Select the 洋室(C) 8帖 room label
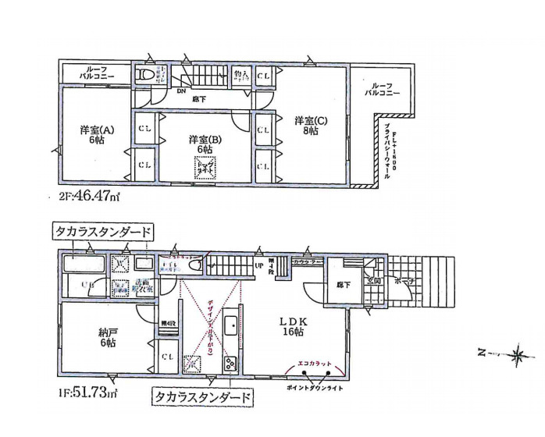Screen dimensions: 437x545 tap(305, 126)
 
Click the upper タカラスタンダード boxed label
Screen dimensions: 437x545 tap(102, 232)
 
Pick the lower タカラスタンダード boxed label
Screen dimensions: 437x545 tap(202, 397)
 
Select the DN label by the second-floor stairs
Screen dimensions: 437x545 tap(181, 91)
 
